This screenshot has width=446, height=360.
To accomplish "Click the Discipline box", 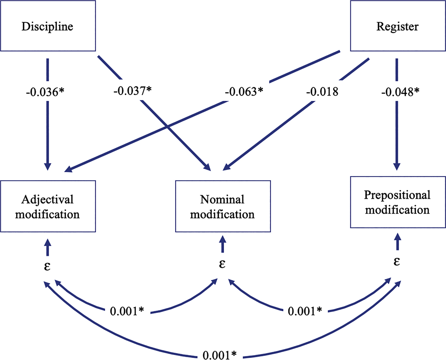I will click(x=48, y=26).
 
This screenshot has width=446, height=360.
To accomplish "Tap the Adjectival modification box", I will click(x=48, y=206).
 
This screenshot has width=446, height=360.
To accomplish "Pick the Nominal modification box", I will click(x=223, y=206).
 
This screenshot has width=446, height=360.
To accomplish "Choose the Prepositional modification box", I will click(x=398, y=202).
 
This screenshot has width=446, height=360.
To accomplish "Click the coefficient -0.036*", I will click(x=45, y=92).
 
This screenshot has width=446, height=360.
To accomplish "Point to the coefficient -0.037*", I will click(x=132, y=91).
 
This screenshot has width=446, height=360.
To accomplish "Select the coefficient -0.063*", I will click(x=244, y=92).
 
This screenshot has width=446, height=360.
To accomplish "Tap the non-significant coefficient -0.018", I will click(x=322, y=92).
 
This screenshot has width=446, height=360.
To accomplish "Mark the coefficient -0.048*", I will click(x=400, y=92).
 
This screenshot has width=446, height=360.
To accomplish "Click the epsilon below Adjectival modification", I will click(x=47, y=266).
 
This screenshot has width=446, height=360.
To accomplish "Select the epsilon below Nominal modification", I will click(x=222, y=264).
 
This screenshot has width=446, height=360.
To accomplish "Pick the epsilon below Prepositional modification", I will click(x=397, y=261).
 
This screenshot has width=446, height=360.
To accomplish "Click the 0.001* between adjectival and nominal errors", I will click(x=127, y=311).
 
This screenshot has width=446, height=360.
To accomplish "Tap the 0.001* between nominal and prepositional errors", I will click(x=305, y=311).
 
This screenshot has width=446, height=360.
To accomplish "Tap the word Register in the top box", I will click(x=398, y=26).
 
